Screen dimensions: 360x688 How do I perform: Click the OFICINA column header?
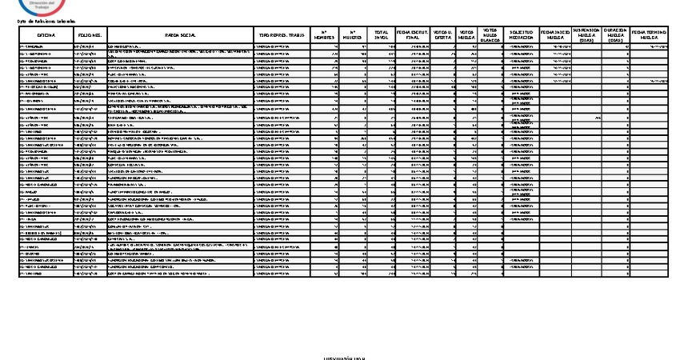[44, 35]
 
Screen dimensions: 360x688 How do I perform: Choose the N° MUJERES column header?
[353, 35]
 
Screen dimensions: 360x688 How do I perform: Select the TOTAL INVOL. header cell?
[381, 35]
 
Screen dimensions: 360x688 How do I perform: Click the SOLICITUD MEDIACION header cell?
[522, 35]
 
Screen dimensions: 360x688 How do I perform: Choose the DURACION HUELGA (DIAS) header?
[614, 35]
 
